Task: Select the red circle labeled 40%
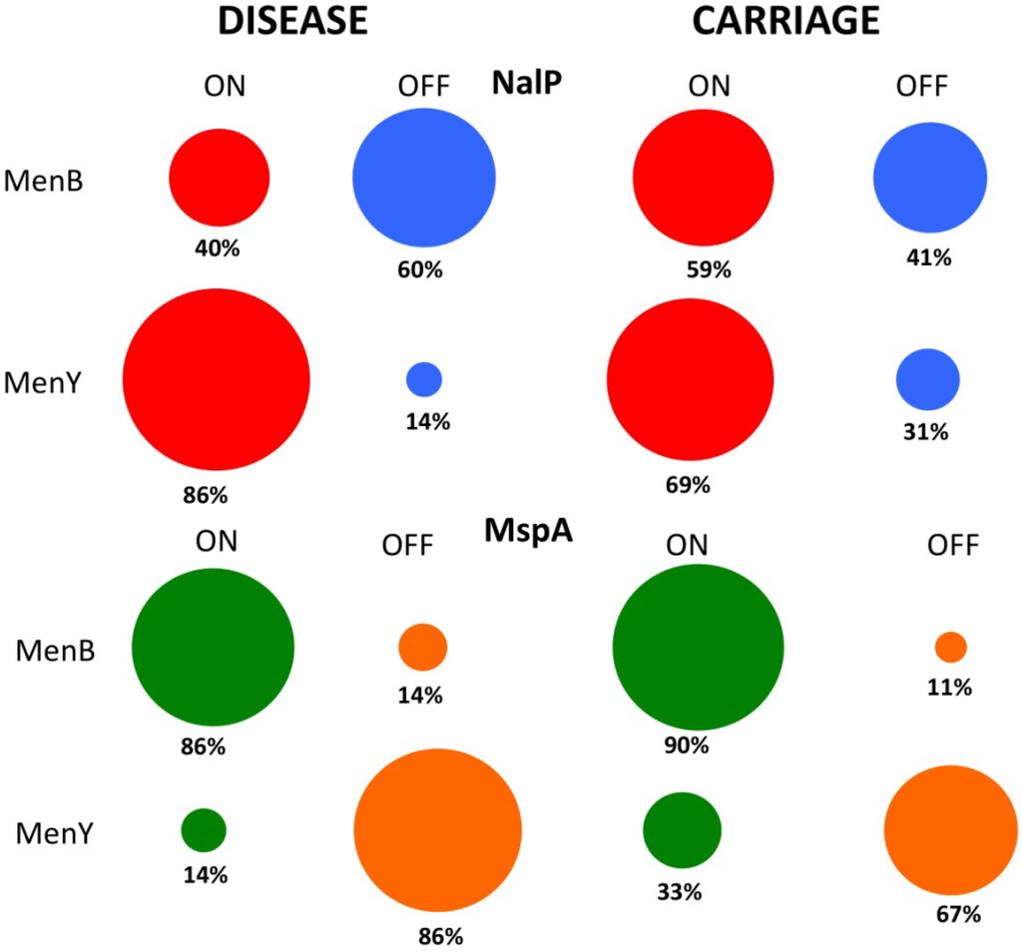[x=219, y=178]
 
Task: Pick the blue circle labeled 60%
[x=424, y=178]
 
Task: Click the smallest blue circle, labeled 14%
[x=424, y=379]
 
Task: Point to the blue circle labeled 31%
[x=928, y=379]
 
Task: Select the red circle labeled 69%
[x=690, y=379]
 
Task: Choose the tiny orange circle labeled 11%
[x=950, y=647]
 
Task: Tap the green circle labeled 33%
[x=682, y=830]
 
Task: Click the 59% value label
[x=709, y=269]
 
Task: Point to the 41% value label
[x=927, y=257]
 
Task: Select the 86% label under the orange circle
[x=440, y=936]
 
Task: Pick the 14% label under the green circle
[x=205, y=876]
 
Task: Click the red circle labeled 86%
[x=217, y=379]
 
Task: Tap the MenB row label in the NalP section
[x=43, y=181]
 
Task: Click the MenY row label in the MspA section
[x=55, y=831]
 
